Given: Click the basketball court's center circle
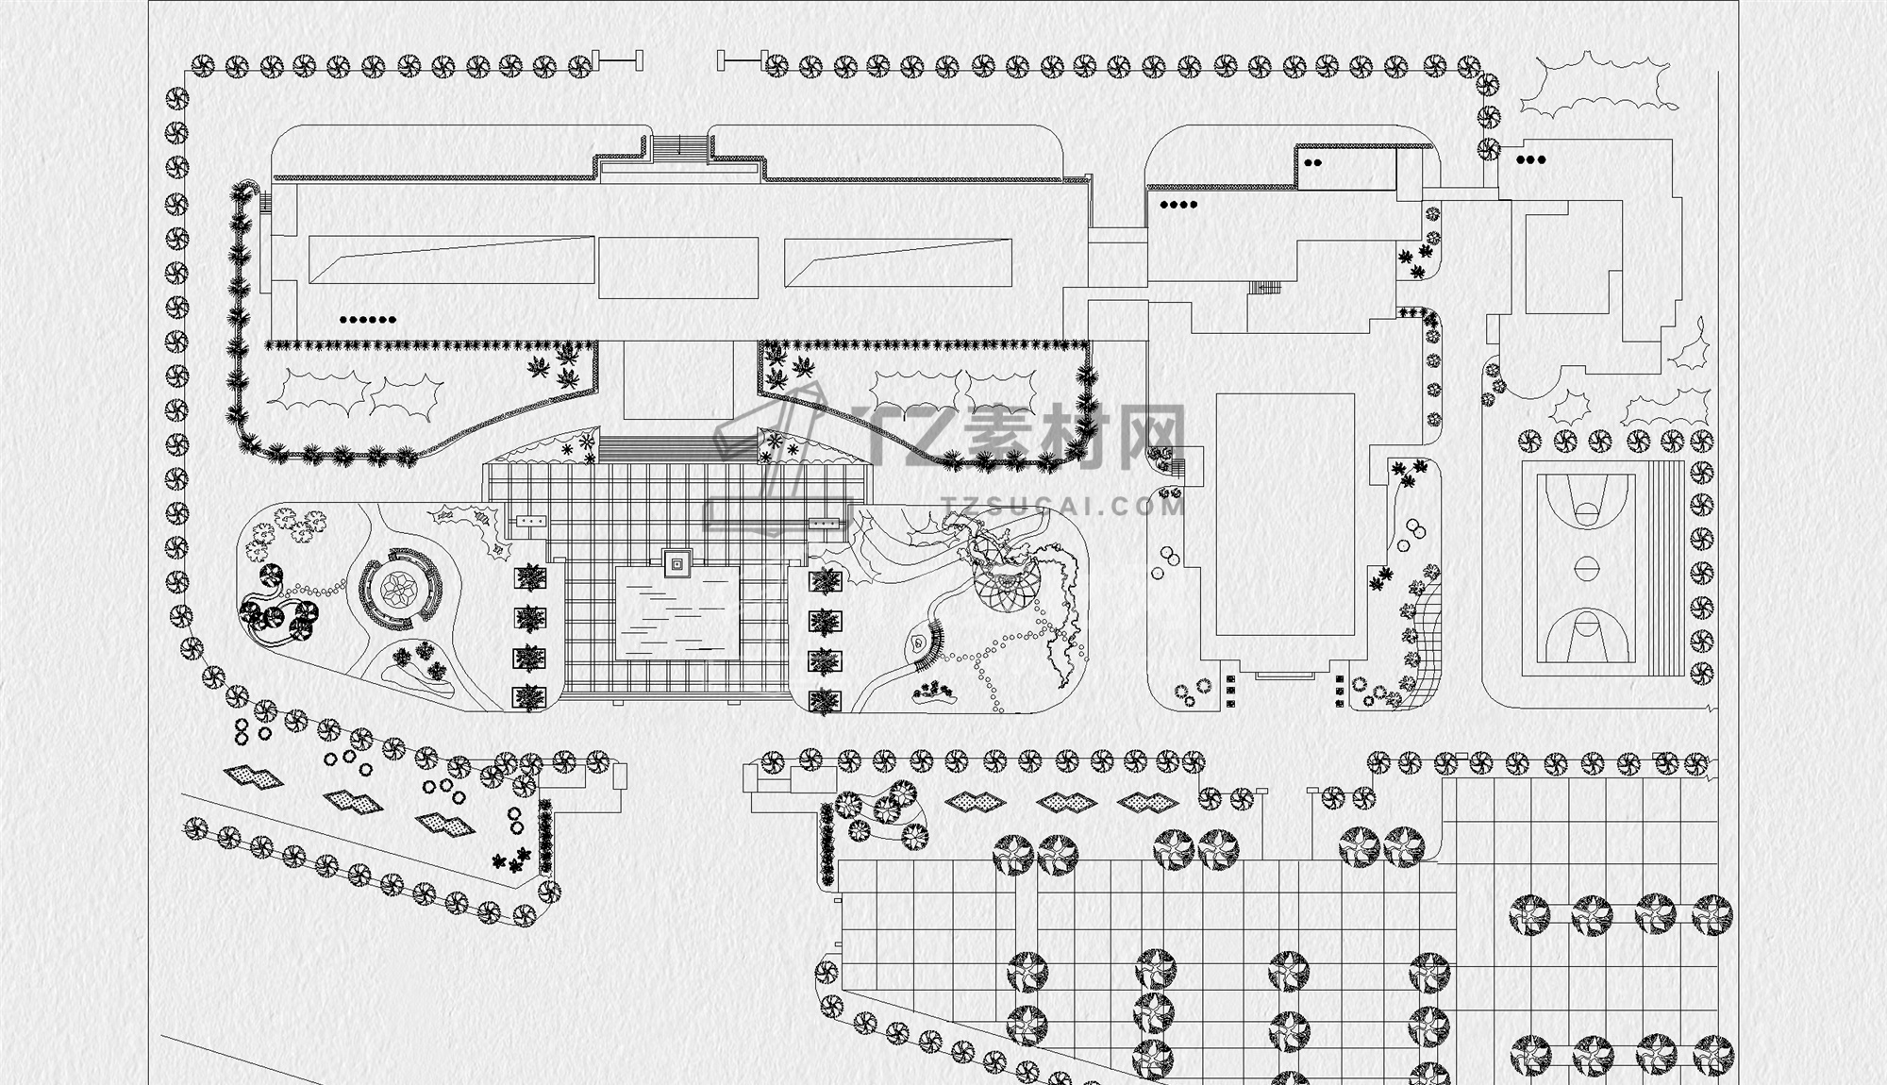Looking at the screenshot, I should pyautogui.click(x=1587, y=569).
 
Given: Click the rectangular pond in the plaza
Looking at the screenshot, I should pyautogui.click(x=677, y=613).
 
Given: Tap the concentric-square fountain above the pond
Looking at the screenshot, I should pyautogui.click(x=677, y=563).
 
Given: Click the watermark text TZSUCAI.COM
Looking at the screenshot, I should pyautogui.click(x=1062, y=507).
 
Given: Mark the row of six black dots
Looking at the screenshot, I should pyautogui.click(x=368, y=320).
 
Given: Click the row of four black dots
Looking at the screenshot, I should pyautogui.click(x=1178, y=204).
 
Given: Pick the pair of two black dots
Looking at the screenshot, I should pyautogui.click(x=1312, y=162).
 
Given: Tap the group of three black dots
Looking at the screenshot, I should pyautogui.click(x=1530, y=160).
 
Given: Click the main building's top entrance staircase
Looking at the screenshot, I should pyautogui.click(x=679, y=147).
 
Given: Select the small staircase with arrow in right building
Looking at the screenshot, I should pyautogui.click(x=1265, y=288).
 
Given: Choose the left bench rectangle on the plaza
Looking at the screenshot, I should pyautogui.click(x=532, y=520).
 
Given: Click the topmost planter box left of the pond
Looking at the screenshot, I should pyautogui.click(x=531, y=576).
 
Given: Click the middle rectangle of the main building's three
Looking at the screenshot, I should pyautogui.click(x=677, y=267).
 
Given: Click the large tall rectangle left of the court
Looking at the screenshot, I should pyautogui.click(x=1285, y=515).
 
